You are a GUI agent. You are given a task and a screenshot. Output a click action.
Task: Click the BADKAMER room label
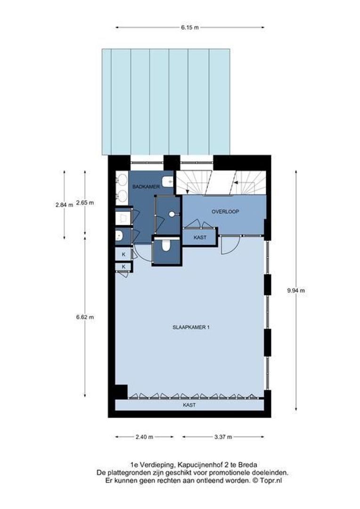[146, 187]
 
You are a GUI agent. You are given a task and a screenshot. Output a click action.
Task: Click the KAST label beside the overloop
[199, 237]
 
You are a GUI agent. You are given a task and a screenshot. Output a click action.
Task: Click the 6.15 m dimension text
[189, 27]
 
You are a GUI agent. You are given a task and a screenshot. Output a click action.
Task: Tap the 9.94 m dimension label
[296, 290]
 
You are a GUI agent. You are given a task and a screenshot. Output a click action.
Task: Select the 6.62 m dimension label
[85, 317]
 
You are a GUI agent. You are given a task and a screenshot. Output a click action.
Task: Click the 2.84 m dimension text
[64, 204]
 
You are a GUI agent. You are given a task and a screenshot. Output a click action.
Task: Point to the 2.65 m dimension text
[85, 203]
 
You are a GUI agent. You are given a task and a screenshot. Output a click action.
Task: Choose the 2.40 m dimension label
[144, 436]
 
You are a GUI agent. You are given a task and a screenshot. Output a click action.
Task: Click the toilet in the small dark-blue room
[165, 246]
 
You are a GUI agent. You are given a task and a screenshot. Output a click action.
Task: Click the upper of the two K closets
[123, 254]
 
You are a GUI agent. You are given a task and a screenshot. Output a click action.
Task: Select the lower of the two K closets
[123, 267]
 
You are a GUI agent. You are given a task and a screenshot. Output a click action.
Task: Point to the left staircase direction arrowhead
[188, 191]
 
